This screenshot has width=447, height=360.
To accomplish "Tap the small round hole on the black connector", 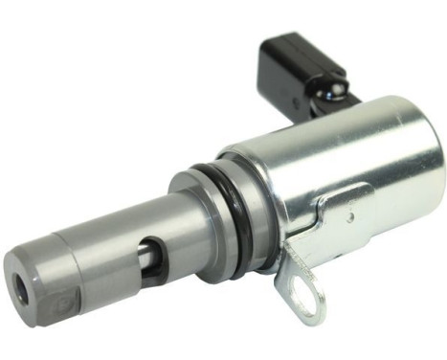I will click(296, 99).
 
